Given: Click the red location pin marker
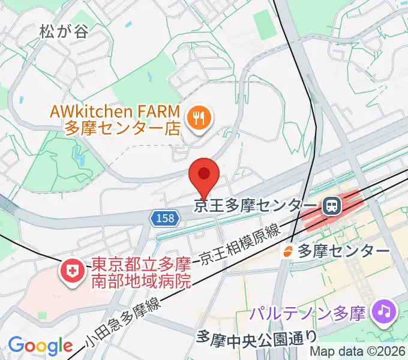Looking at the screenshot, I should pyautogui.click(x=204, y=175).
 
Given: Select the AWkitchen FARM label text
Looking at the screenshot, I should pyautogui.click(x=115, y=112).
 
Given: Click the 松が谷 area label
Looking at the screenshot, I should pyautogui.click(x=64, y=31).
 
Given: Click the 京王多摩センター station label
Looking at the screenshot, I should pyautogui.click(x=256, y=206).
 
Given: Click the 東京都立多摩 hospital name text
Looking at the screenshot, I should pyautogui.click(x=139, y=264).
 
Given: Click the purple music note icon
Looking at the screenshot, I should pyautogui.click(x=383, y=311).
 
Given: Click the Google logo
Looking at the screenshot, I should pyautogui.click(x=40, y=346).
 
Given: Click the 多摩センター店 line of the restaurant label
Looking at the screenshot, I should pyautogui.click(x=123, y=128).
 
